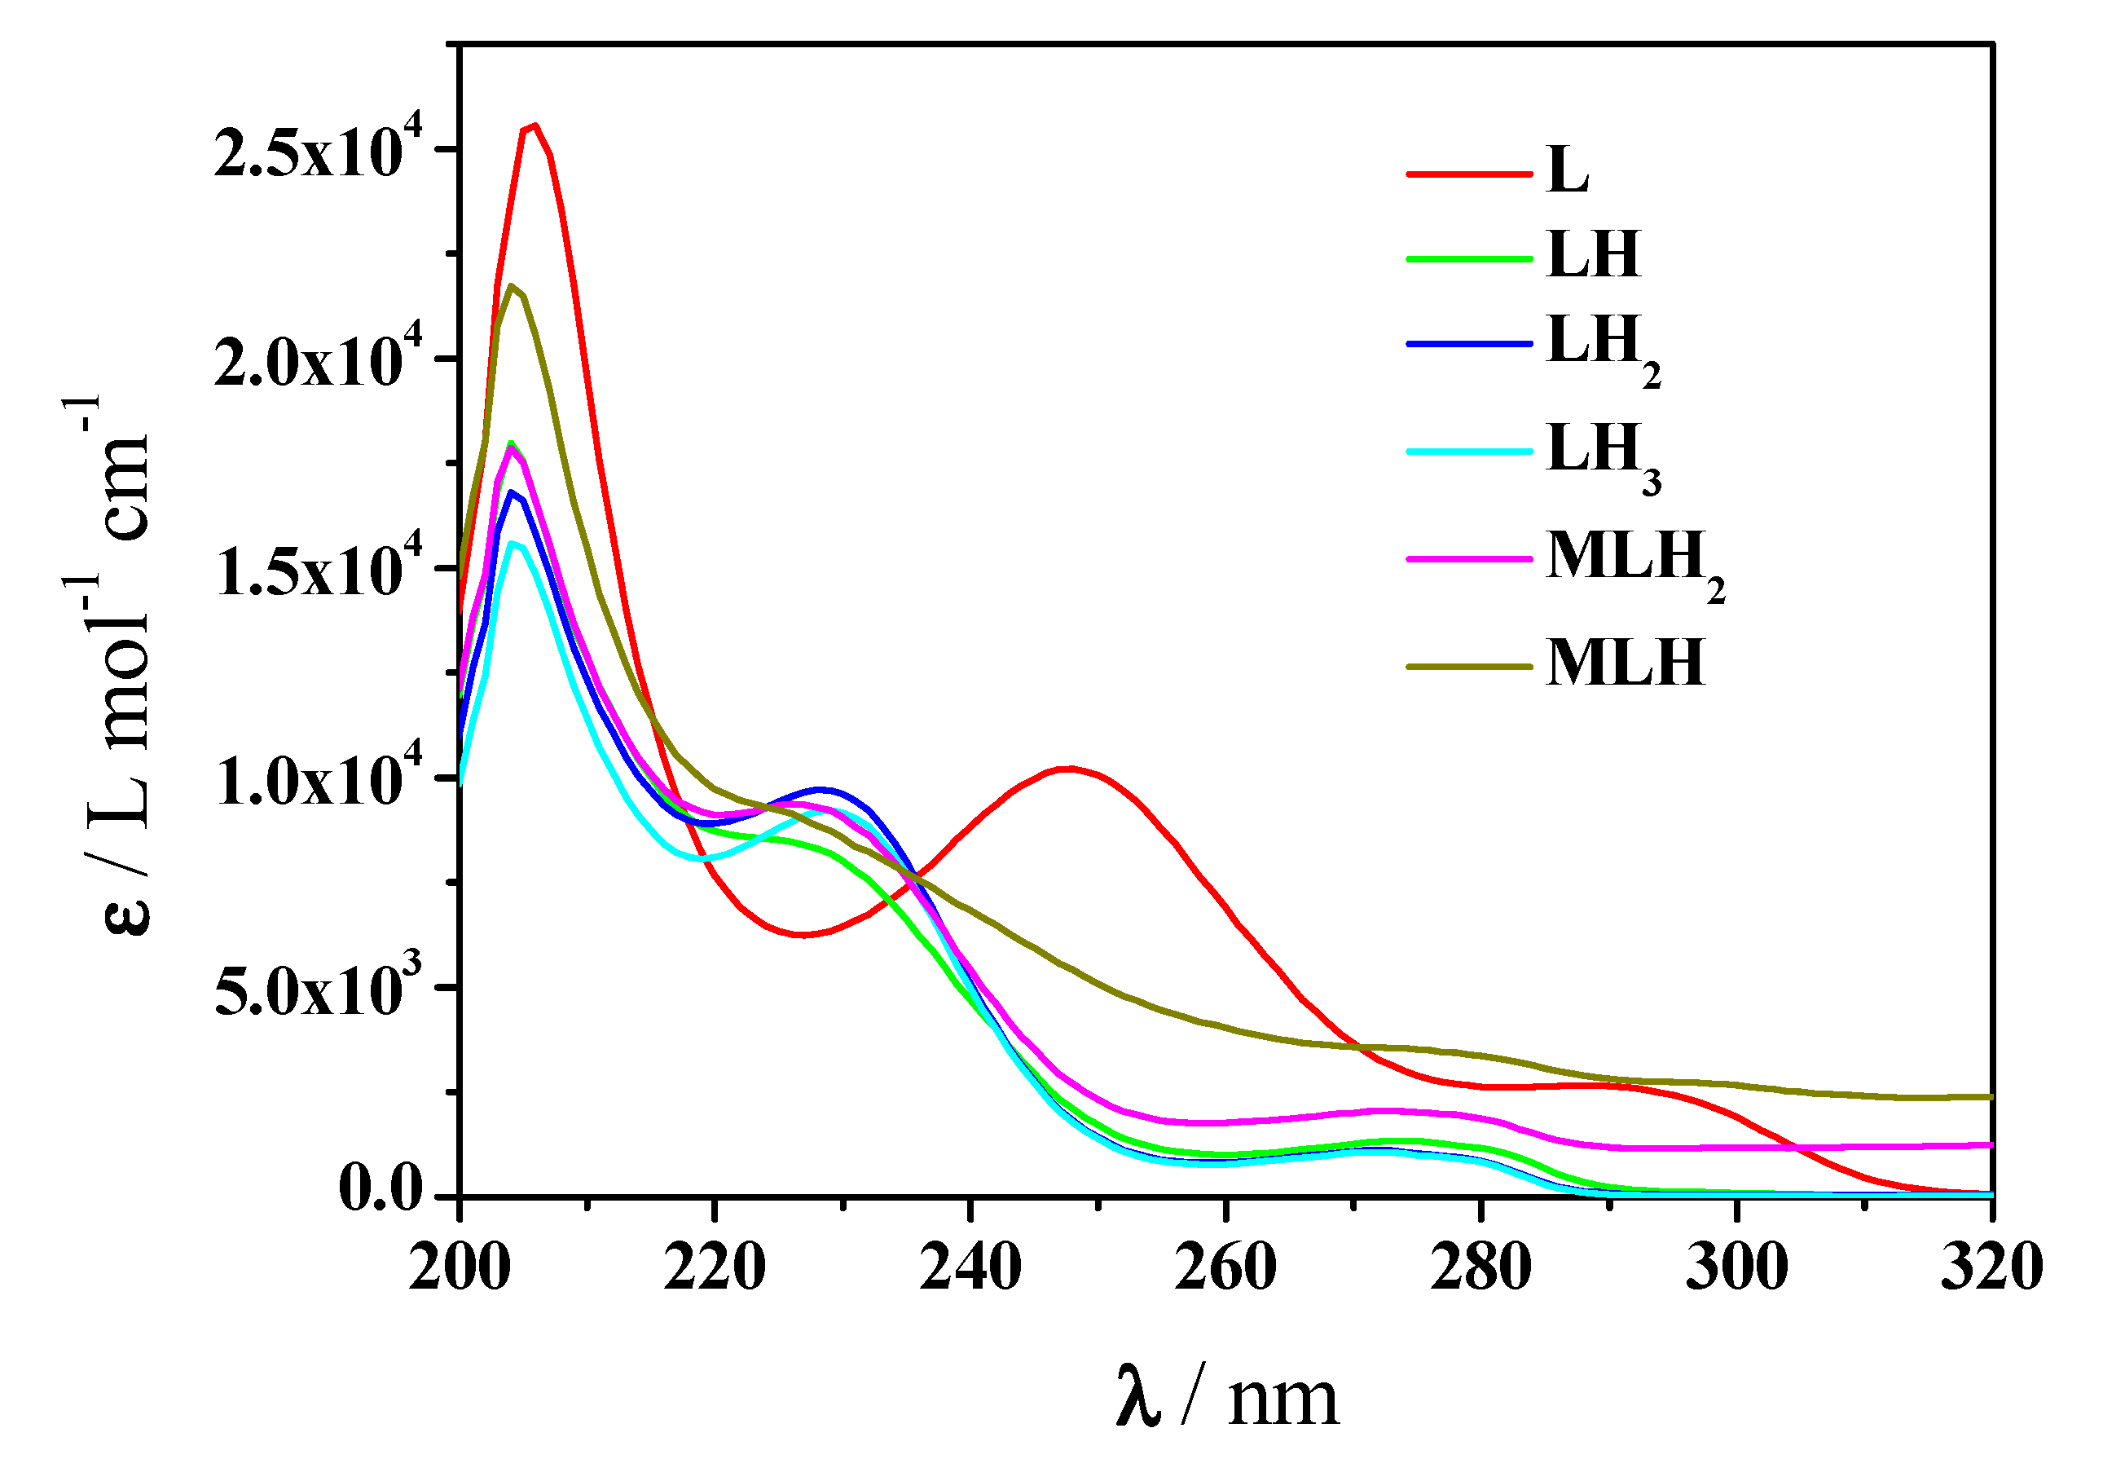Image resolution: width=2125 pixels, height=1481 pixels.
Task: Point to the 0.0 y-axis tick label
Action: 381,1190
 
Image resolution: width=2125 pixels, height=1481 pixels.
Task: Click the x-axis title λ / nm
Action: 1227,1399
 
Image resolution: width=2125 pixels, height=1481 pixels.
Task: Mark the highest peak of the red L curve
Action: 534,126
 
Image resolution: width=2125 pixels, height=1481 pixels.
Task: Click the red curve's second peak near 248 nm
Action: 1070,769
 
